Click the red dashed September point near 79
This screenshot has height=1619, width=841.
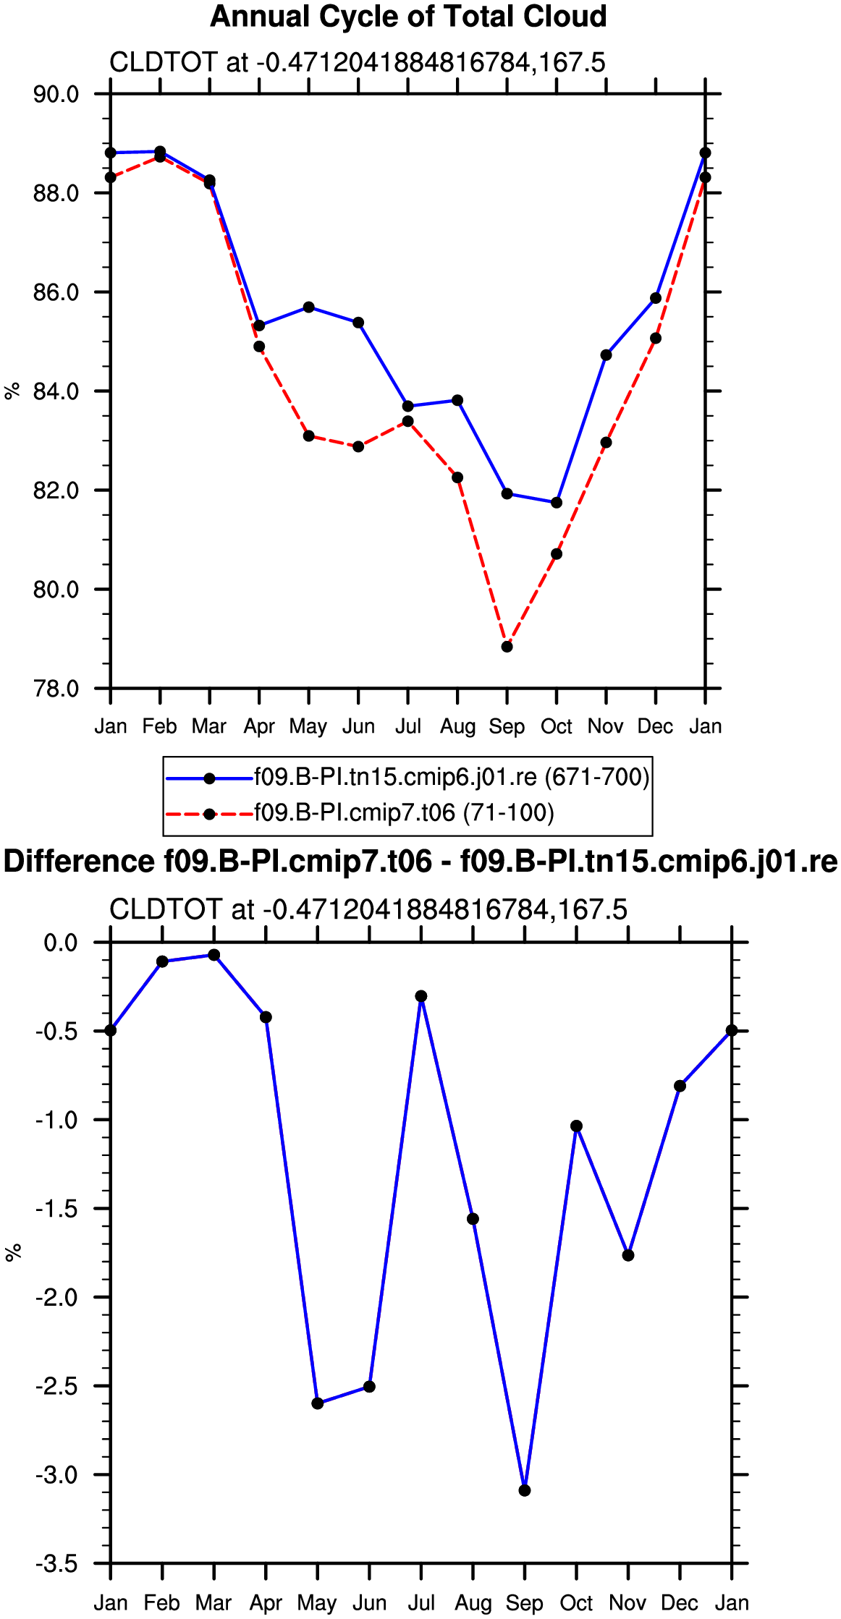[x=507, y=647]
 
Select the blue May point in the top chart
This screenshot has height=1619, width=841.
[x=309, y=307]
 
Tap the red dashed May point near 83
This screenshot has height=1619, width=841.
[x=309, y=436]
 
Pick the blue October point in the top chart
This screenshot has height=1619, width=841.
[x=557, y=503]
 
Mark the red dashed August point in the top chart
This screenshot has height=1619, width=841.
[x=457, y=477]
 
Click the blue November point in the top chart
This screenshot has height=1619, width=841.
[x=607, y=355]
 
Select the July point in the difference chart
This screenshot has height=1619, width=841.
[x=421, y=996]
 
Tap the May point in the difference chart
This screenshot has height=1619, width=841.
[x=318, y=1403]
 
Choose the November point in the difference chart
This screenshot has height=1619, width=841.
[x=628, y=1255]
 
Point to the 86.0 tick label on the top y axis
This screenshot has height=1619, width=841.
[x=56, y=292]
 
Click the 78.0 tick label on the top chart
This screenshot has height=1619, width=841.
[x=56, y=689]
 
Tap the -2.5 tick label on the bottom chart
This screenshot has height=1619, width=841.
[x=56, y=1386]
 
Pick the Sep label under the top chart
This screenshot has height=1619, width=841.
[x=507, y=726]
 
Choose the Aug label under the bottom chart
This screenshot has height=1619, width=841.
[x=473, y=1603]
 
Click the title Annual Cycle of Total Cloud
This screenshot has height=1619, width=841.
[x=408, y=16]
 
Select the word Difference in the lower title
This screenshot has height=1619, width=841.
[x=79, y=862]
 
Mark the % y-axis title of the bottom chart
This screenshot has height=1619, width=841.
[x=13, y=1253]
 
